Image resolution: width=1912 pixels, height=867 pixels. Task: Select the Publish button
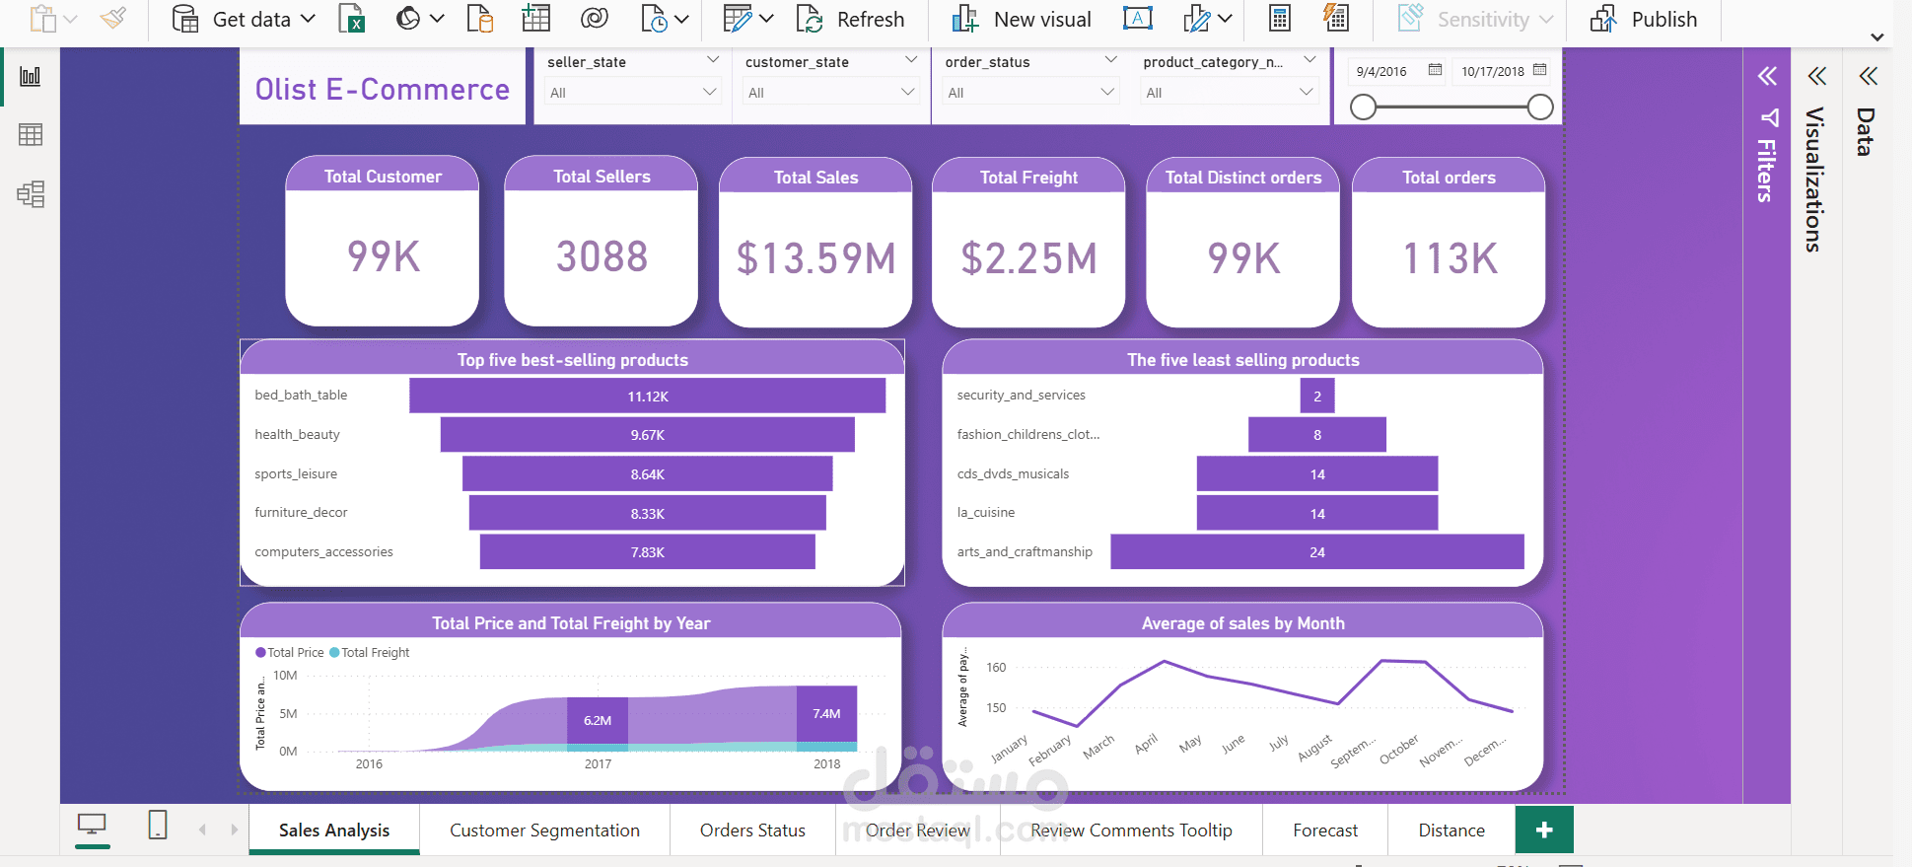pos(1644,20)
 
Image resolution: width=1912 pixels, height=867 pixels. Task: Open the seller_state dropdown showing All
pos(632,93)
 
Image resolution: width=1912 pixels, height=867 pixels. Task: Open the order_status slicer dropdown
pos(1030,93)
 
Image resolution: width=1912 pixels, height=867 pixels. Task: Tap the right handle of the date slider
pos(1539,108)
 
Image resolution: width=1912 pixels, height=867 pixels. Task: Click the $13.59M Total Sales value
pos(815,258)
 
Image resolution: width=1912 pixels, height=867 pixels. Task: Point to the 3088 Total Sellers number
pos(602,256)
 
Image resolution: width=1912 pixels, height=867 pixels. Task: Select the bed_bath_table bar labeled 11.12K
pos(647,396)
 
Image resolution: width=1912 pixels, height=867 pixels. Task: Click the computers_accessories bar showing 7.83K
pos(647,552)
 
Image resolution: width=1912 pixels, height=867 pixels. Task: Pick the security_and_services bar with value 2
pos(1316,396)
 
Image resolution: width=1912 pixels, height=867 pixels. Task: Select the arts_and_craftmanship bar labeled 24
pos(1316,552)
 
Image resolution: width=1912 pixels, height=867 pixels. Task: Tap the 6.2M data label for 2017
pos(598,720)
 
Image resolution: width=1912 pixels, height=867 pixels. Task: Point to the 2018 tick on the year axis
pos(826,763)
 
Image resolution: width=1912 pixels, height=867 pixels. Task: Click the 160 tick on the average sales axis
pos(996,668)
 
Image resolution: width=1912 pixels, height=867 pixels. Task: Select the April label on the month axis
pos(1146,744)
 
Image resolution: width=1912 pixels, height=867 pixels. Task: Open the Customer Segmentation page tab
pos(544,831)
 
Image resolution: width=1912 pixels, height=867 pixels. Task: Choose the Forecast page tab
pos(1324,831)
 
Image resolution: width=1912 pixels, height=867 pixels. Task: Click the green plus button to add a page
pos(1543,830)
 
